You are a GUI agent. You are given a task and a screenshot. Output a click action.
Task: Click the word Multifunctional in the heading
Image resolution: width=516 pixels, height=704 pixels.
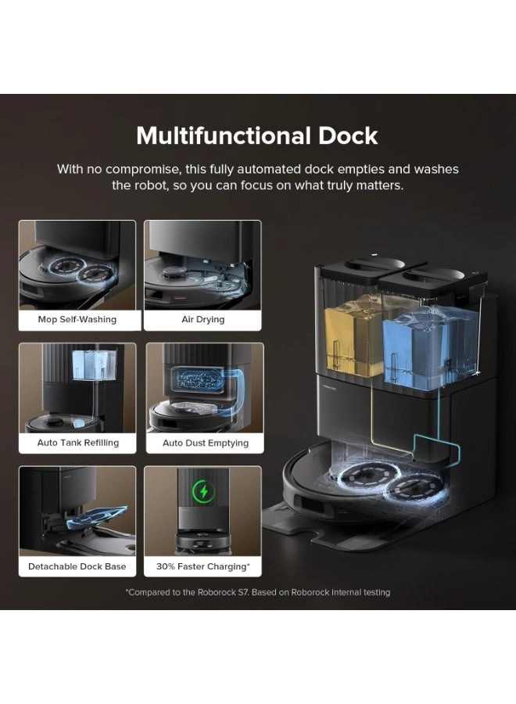[224, 135]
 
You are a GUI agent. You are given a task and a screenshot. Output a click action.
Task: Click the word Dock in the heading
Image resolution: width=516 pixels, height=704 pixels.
[348, 135]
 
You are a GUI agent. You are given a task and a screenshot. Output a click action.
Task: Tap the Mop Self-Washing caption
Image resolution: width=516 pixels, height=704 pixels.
[77, 320]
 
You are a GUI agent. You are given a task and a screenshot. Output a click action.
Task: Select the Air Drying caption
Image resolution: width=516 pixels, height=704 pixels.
[202, 320]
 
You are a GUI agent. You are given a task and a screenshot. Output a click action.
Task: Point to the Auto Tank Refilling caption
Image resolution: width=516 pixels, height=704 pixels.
[78, 443]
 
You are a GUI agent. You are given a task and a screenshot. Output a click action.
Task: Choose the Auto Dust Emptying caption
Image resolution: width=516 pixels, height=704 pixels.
[206, 444]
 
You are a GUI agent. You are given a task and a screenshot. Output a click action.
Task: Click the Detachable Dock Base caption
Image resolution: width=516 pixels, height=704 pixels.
[77, 566]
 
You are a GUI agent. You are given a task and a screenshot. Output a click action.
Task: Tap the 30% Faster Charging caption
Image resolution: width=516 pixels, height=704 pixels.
[203, 566]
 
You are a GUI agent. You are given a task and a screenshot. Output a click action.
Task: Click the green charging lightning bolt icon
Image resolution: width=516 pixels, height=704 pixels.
[204, 492]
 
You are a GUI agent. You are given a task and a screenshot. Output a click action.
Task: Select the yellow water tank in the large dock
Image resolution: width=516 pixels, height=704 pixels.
[353, 339]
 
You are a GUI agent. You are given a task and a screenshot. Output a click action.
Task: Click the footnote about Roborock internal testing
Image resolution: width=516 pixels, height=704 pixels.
[258, 592]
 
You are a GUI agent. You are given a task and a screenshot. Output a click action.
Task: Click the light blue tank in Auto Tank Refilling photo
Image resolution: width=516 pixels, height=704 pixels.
[95, 365]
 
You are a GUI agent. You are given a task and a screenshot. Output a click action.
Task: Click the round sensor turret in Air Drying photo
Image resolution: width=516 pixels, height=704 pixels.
[175, 271]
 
